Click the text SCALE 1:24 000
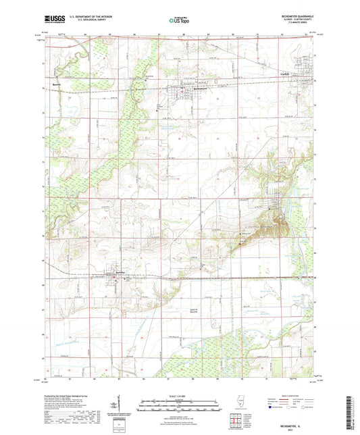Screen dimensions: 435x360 pos(180,396)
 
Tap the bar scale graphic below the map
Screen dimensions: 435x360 pos(180,405)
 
